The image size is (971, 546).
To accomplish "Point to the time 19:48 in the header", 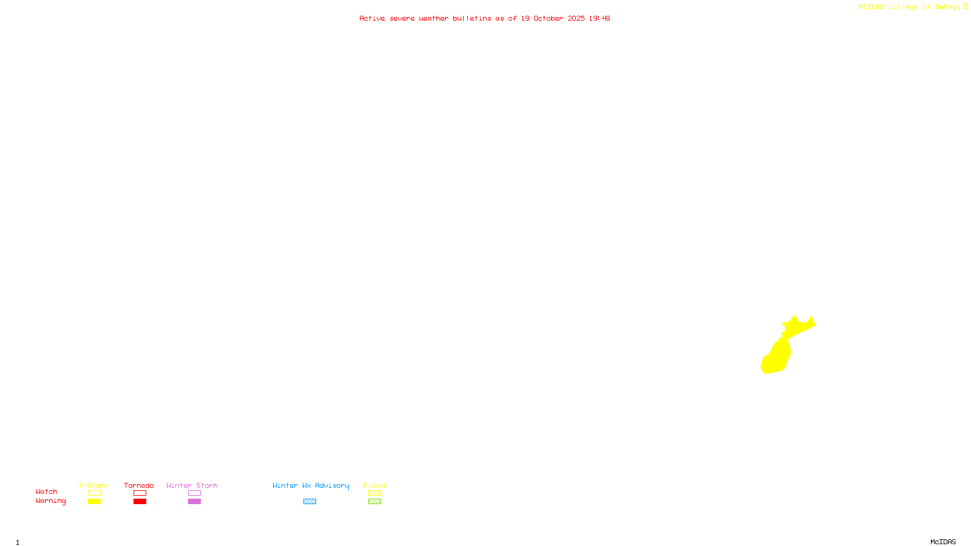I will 600,18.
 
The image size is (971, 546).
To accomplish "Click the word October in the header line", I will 548,18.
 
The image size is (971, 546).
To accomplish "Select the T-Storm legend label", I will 93,485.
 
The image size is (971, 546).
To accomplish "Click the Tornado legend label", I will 139,485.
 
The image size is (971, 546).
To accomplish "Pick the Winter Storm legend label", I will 192,485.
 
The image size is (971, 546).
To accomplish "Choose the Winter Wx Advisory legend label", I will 311,485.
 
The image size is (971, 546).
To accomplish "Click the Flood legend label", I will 374,485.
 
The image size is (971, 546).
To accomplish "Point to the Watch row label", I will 47,491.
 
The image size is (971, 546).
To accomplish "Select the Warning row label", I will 51,501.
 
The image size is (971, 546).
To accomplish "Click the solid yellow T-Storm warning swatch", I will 94,502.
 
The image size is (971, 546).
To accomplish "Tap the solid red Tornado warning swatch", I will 140,502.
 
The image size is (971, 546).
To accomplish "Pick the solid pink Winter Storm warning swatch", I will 194,502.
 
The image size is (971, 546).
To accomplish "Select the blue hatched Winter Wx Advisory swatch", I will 310,502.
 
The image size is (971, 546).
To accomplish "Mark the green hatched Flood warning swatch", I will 374,502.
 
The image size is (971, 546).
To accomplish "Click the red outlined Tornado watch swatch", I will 140,493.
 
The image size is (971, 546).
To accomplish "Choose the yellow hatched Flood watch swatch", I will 374,493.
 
